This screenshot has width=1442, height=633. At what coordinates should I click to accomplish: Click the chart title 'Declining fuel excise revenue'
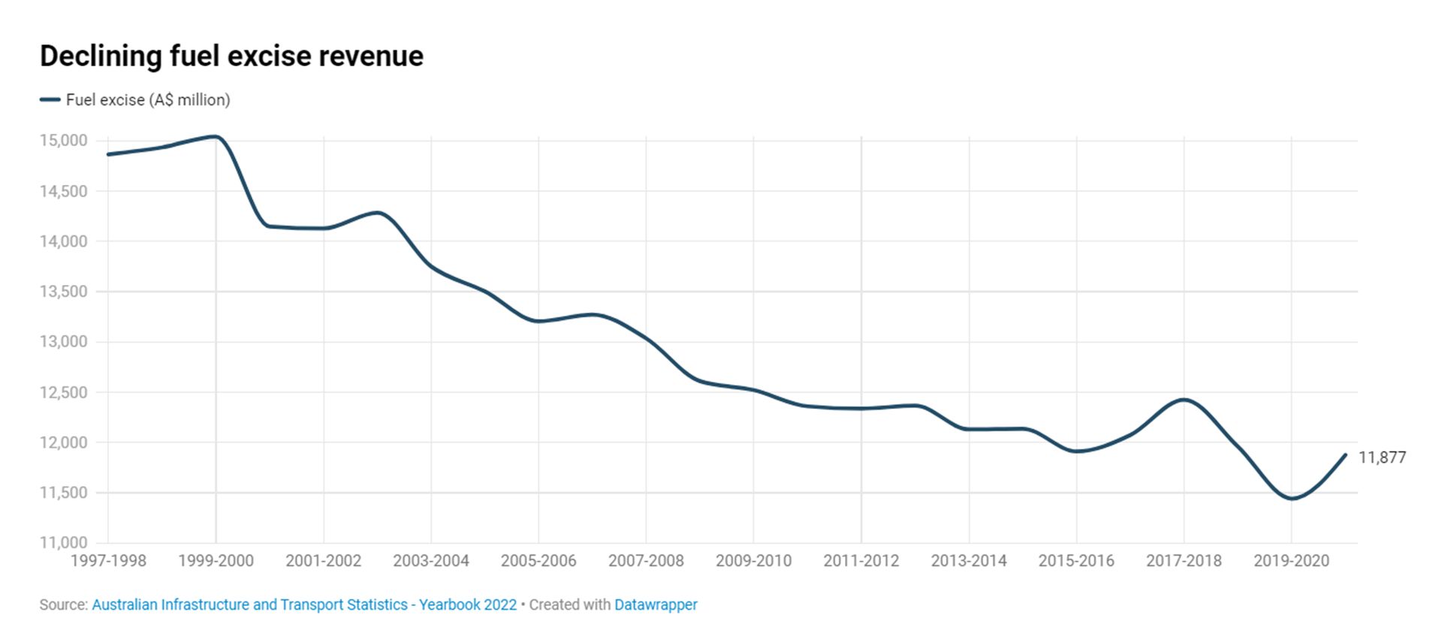[x=231, y=56]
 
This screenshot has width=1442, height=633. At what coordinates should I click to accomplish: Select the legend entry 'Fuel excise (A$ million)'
[x=147, y=100]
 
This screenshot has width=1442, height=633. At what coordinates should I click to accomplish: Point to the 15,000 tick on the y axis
[x=64, y=141]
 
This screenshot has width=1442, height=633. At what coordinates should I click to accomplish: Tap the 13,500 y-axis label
[x=64, y=292]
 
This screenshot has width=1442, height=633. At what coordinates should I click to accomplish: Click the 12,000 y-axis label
[x=64, y=443]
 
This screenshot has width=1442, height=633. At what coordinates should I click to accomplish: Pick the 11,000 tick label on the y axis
[x=64, y=543]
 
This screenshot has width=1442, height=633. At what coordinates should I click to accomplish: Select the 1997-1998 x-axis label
[x=108, y=561]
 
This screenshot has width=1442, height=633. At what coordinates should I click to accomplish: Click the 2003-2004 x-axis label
[x=431, y=561]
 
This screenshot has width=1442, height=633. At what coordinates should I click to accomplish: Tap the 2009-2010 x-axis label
[x=753, y=561]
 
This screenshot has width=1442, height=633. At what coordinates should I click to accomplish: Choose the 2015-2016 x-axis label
[x=1076, y=561]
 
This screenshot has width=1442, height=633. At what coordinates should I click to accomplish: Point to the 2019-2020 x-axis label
[x=1291, y=561]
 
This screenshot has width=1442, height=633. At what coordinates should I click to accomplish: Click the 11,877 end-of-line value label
[x=1382, y=457]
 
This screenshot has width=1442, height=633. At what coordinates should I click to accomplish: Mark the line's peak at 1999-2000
[x=215, y=137]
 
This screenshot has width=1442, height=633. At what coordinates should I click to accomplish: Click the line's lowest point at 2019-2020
[x=1292, y=498]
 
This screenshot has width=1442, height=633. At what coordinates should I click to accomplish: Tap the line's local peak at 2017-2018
[x=1184, y=399]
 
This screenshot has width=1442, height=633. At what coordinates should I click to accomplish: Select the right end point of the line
[x=1345, y=455]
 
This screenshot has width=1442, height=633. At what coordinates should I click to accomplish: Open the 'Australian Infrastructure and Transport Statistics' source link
[x=304, y=605]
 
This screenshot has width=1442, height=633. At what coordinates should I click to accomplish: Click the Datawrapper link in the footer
[x=656, y=605]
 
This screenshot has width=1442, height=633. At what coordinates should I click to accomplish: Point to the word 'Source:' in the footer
[x=64, y=605]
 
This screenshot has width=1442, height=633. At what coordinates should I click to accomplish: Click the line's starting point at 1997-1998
[x=108, y=154]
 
